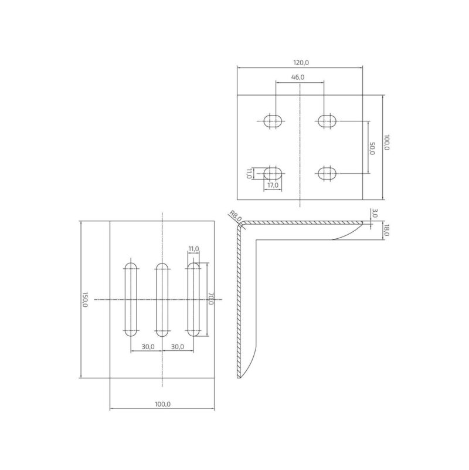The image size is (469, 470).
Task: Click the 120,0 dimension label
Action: pos(301,63)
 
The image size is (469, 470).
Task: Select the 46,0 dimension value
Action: pos(298,77)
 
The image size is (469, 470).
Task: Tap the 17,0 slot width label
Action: pos(273,185)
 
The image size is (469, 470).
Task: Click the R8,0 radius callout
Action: pos(235,216)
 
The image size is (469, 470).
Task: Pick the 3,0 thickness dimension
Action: pos(375,213)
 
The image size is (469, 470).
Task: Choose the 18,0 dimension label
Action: pos(386,230)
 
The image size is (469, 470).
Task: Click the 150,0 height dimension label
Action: pos(85,299)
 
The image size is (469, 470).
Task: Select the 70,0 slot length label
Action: pos(211,299)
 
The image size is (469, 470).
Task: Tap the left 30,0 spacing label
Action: pos(148,347)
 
